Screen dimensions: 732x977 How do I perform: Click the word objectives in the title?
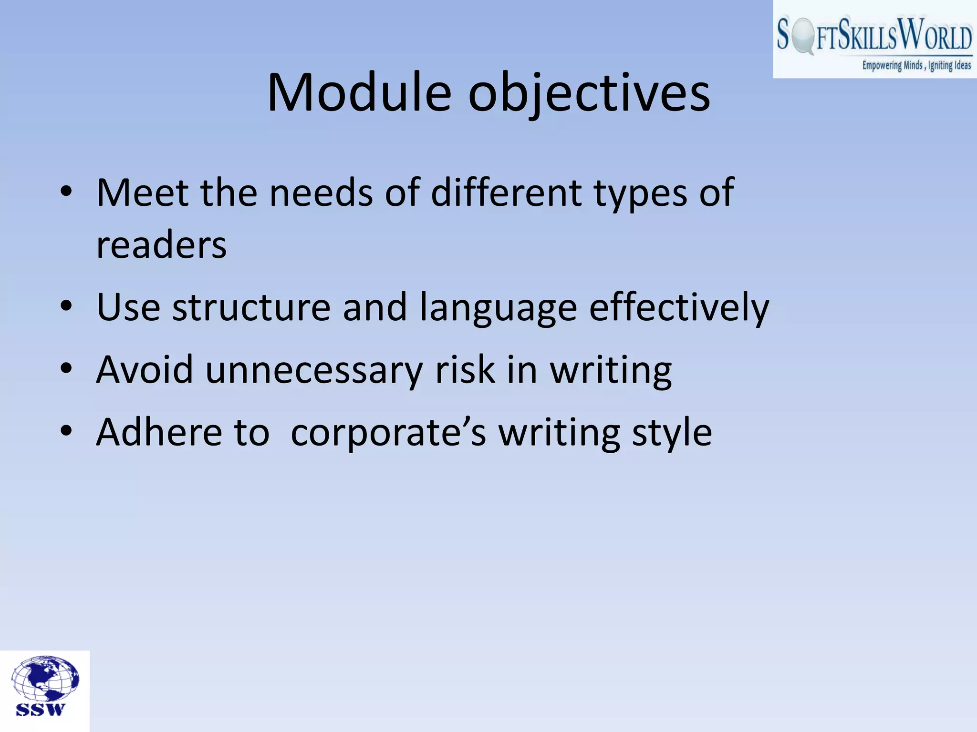point(589,94)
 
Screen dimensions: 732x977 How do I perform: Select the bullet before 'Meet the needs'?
point(66,193)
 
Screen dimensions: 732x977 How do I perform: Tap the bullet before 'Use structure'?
point(66,306)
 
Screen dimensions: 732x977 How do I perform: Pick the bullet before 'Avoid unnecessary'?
point(66,369)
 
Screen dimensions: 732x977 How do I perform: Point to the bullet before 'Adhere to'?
point(66,432)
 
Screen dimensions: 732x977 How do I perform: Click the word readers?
point(161,245)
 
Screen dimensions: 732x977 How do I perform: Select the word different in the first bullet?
point(506,193)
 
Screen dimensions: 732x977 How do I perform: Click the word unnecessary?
point(314,370)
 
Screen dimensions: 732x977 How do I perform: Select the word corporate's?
point(388,433)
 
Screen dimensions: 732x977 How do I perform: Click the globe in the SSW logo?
point(45,679)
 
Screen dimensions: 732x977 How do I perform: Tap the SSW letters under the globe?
point(40,710)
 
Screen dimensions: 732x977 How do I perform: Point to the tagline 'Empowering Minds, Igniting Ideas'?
point(916,65)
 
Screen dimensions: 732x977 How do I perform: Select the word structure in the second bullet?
point(251,307)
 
